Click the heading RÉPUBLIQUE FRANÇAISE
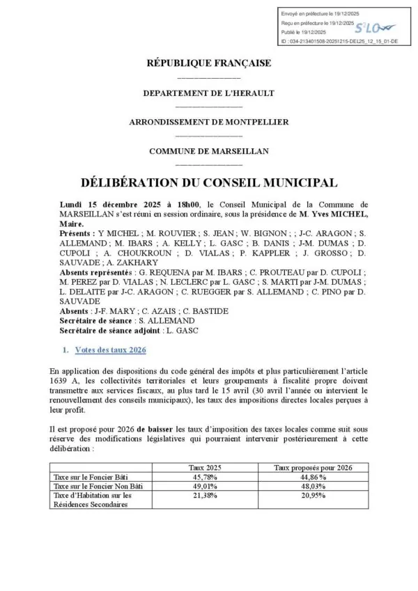click(208, 63)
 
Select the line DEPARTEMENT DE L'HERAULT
click(208, 93)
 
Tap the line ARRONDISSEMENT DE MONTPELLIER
click(208, 122)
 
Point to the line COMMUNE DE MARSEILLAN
click(208, 151)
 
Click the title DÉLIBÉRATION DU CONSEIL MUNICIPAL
click(208, 183)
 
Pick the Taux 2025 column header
click(206, 468)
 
